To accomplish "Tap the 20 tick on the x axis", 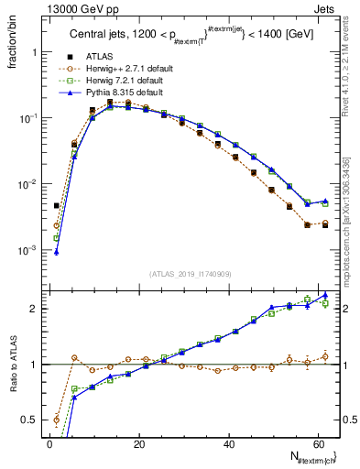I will [139, 443].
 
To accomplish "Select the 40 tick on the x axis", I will [229, 443].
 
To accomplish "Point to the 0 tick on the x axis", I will [49, 443].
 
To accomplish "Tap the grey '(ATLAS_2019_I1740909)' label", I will [190, 273].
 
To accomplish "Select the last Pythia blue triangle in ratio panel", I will [325, 295].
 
